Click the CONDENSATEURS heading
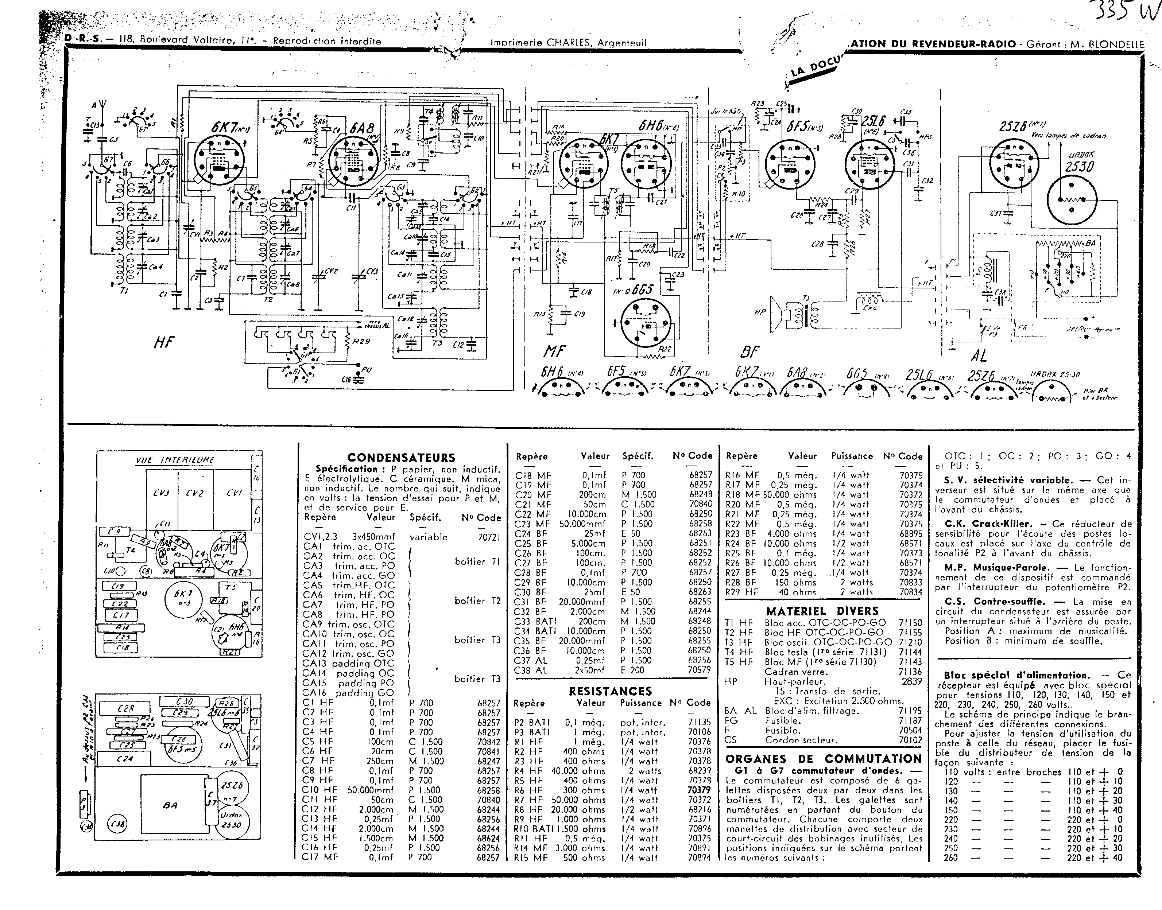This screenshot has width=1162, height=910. tap(401, 458)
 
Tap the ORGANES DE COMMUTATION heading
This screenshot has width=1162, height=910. tap(824, 759)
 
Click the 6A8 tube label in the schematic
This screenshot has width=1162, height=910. tap(362, 128)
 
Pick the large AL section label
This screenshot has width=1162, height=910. tap(979, 355)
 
